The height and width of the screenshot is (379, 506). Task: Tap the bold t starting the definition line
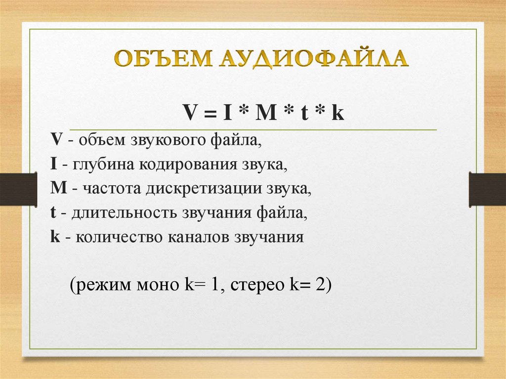(52, 213)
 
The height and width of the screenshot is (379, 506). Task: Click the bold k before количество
(54, 238)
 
